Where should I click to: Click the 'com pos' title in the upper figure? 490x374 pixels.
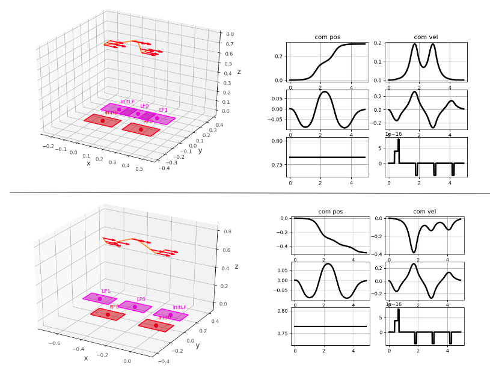(x=325, y=37)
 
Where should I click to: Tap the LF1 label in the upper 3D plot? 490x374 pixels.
(x=163, y=111)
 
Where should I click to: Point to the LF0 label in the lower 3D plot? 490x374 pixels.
(x=141, y=299)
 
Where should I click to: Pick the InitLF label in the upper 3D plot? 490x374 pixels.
(x=127, y=102)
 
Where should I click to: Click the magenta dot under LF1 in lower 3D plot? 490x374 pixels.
(x=100, y=299)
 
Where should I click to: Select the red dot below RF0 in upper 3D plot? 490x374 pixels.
(x=141, y=129)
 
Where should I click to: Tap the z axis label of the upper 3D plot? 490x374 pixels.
(x=239, y=72)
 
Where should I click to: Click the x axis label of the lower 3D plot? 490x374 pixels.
(x=86, y=358)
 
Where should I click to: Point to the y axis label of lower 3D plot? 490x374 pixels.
(x=197, y=346)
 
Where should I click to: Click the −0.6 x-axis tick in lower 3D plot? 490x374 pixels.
(x=54, y=344)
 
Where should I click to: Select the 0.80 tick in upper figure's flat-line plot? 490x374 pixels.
(x=277, y=141)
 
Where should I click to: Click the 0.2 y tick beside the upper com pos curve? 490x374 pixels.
(x=277, y=56)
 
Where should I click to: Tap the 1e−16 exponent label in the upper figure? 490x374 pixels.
(x=393, y=135)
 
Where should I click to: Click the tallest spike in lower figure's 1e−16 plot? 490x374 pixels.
(x=399, y=310)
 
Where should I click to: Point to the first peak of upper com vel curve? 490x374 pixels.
(x=414, y=44)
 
